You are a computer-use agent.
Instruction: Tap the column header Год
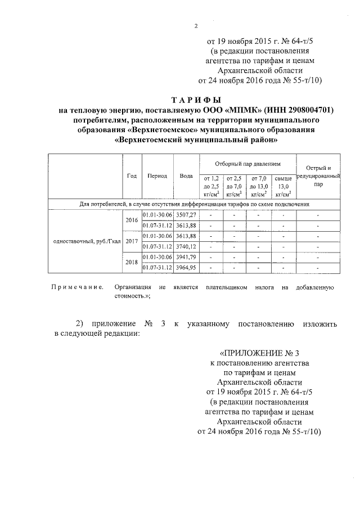(x=132, y=175)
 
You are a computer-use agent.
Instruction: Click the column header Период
(x=157, y=175)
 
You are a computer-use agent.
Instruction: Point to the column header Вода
(x=186, y=175)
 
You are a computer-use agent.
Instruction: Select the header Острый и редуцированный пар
(x=318, y=175)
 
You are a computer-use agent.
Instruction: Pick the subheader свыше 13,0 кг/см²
(x=283, y=185)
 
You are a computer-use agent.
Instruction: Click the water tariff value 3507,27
(x=186, y=215)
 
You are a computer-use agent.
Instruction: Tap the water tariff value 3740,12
(x=186, y=246)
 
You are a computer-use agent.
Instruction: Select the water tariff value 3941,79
(x=186, y=257)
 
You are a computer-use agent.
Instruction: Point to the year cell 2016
(x=132, y=220)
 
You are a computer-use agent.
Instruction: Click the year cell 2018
(x=132, y=262)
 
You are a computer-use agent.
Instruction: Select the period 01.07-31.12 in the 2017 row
(x=157, y=246)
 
